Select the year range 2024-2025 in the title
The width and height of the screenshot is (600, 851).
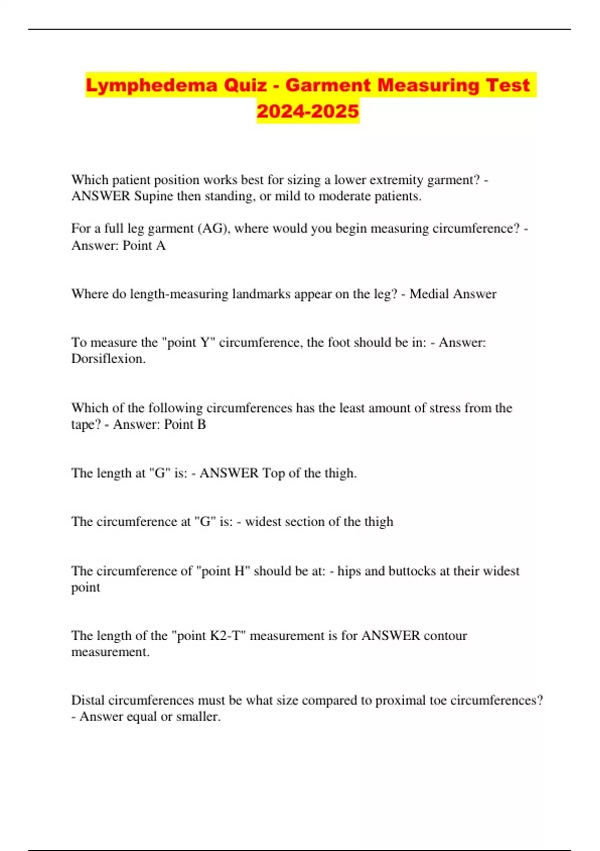[308, 111]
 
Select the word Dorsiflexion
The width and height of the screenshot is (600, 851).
[108, 359]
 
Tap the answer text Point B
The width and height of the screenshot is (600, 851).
[185, 424]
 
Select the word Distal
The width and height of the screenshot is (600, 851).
[88, 700]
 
